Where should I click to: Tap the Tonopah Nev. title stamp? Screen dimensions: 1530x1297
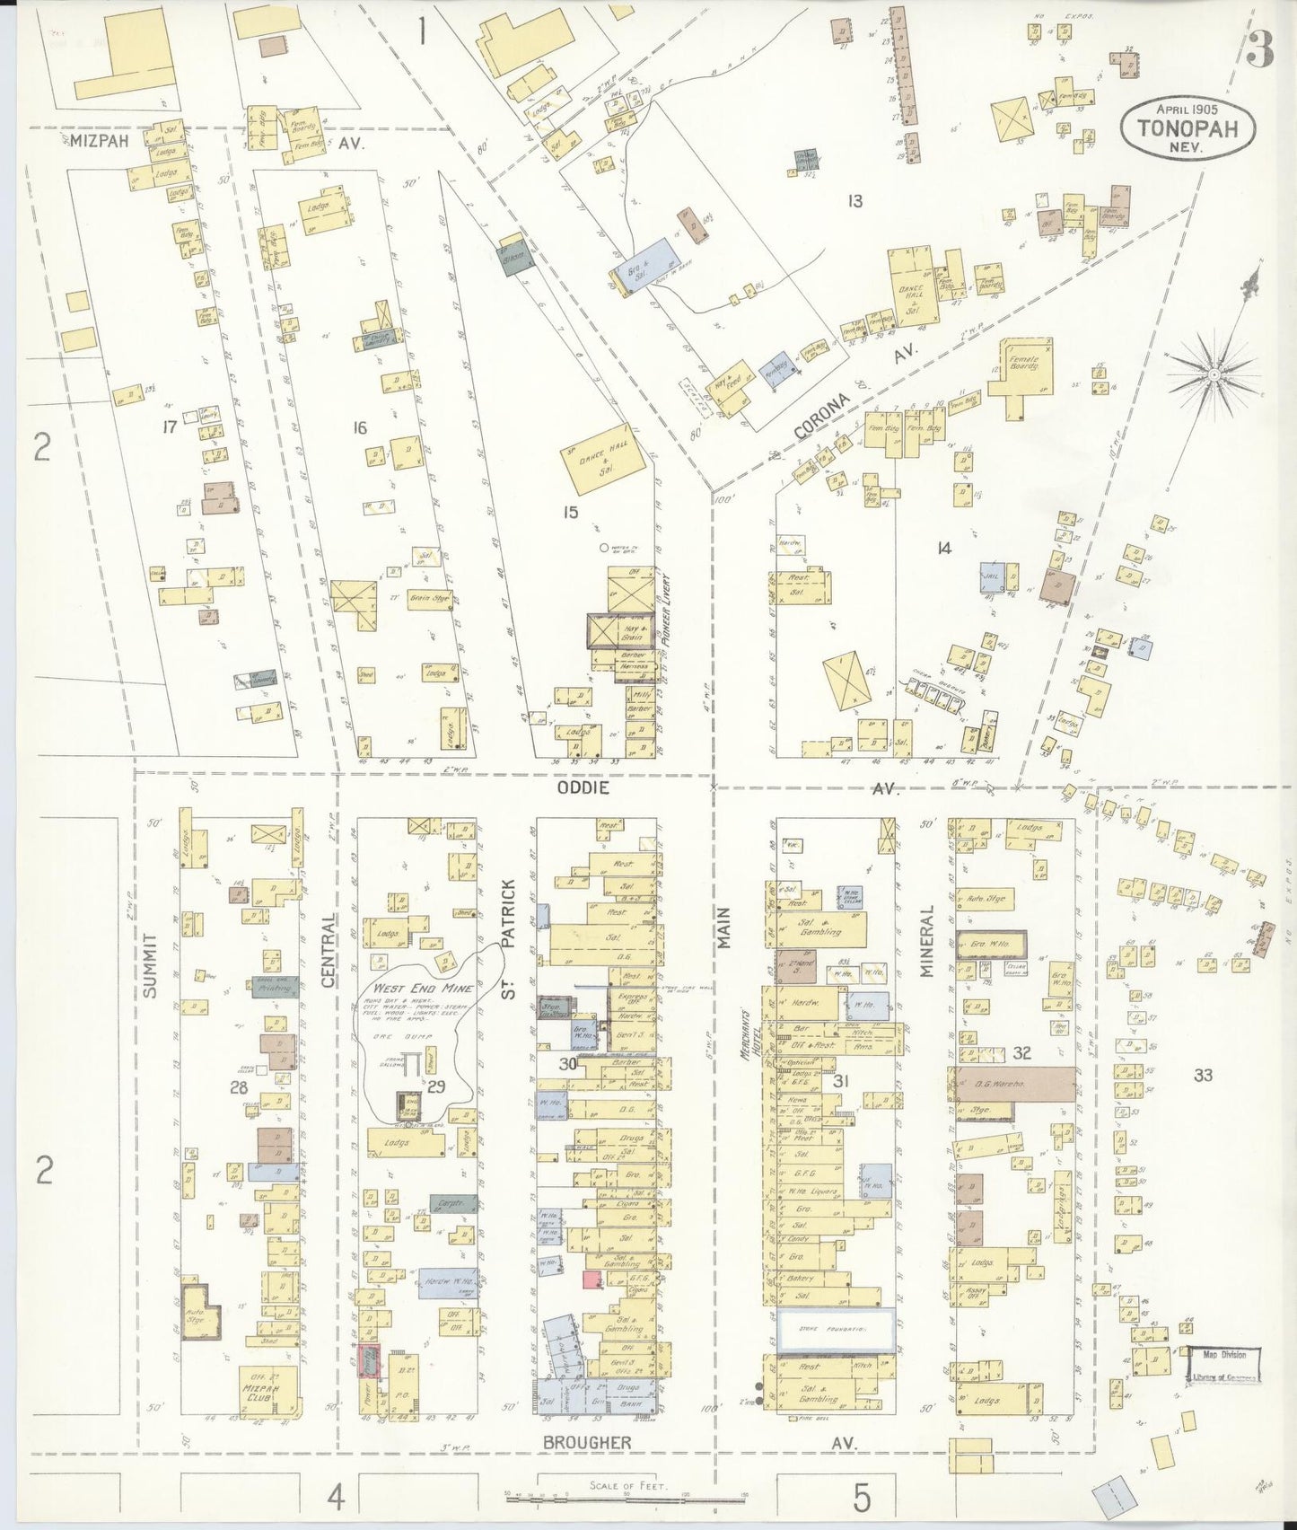pyautogui.click(x=1187, y=128)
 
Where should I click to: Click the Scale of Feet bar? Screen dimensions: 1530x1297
pyautogui.click(x=627, y=1498)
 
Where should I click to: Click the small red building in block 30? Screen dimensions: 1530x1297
pyautogui.click(x=591, y=1279)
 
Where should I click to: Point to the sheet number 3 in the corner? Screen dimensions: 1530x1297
pyautogui.click(x=1260, y=54)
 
